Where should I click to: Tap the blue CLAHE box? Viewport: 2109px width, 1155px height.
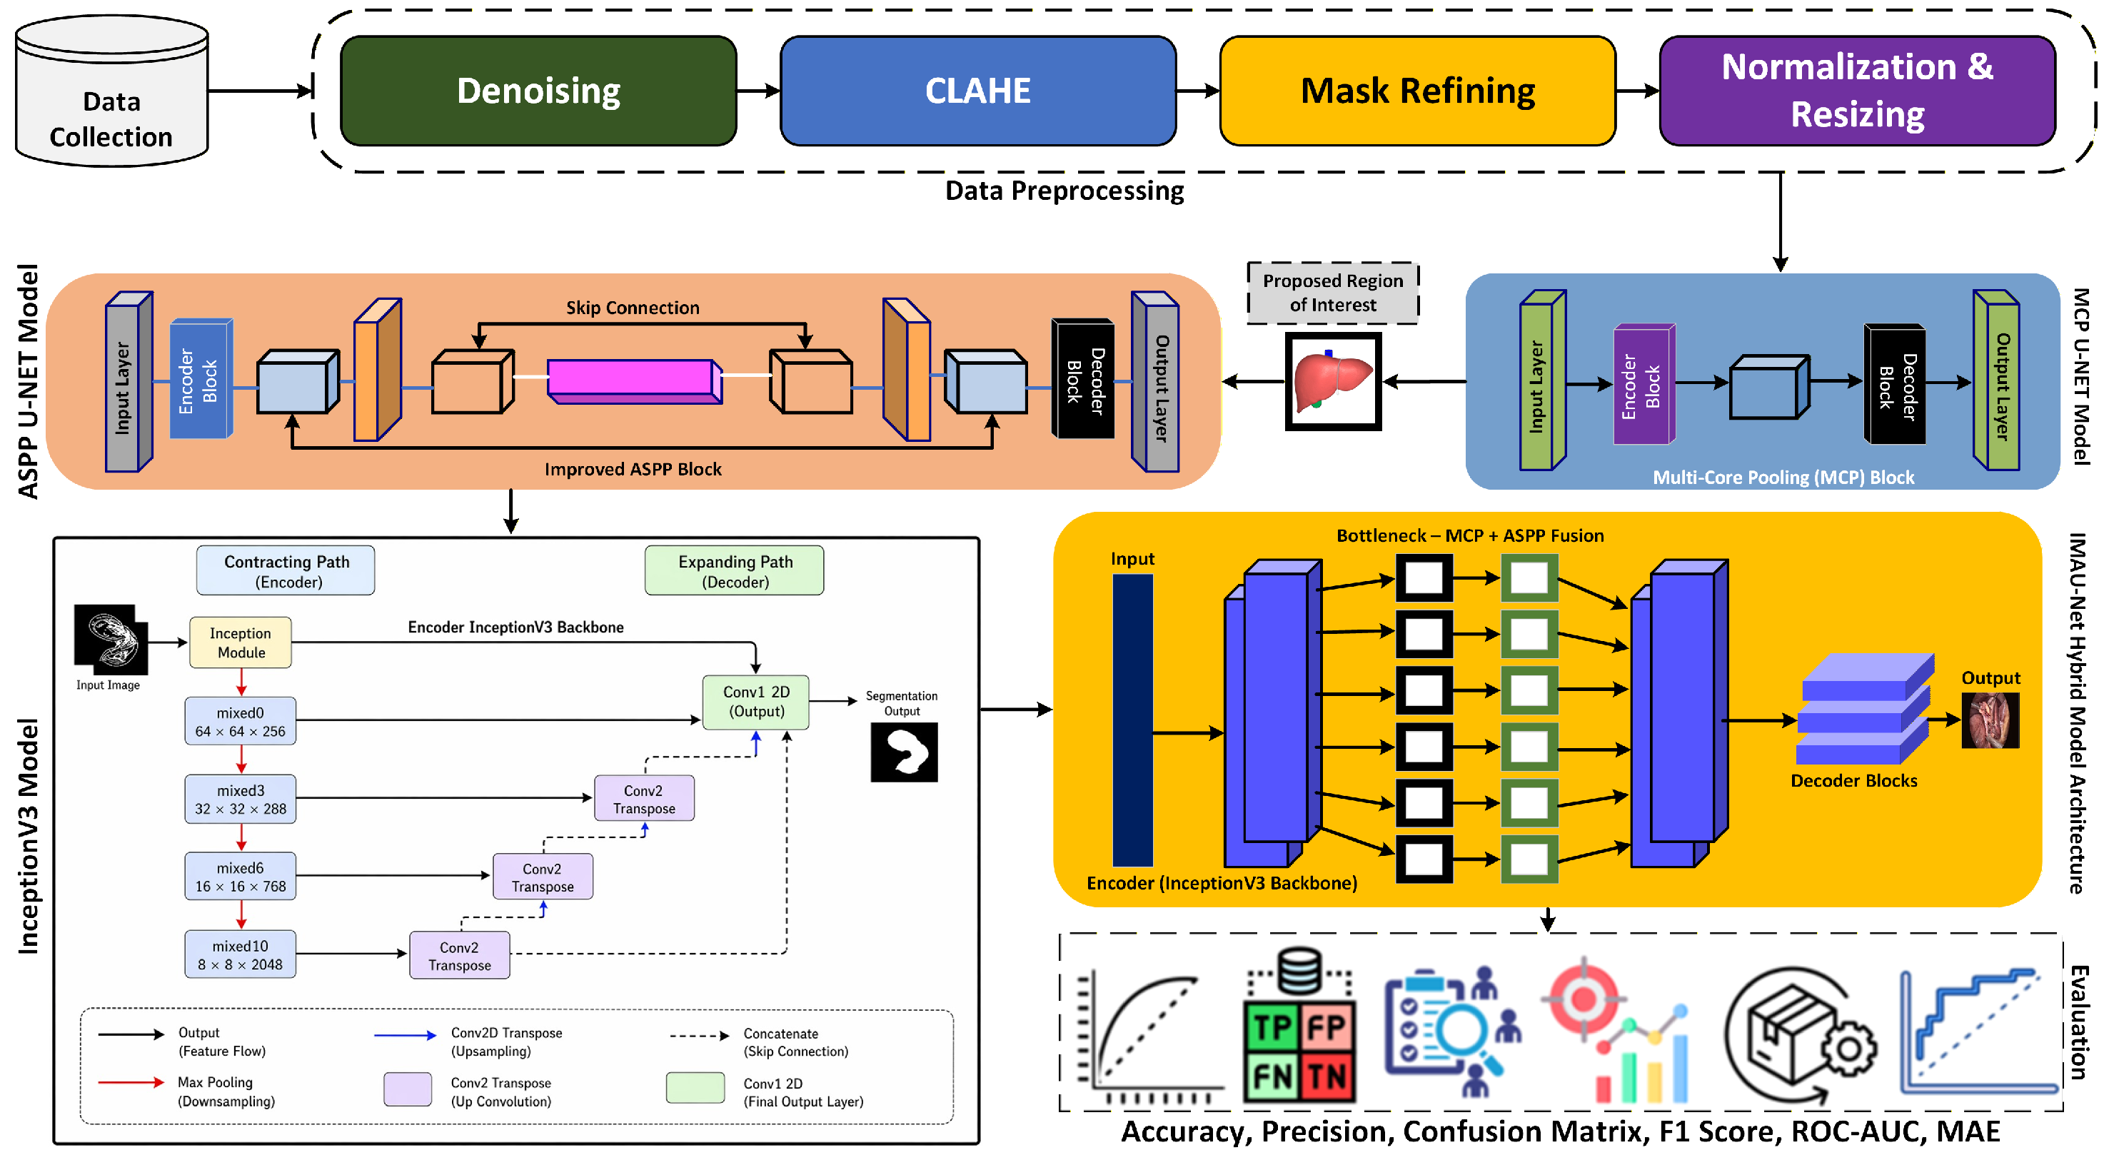pos(977,91)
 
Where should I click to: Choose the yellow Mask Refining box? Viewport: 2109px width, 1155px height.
pos(1417,91)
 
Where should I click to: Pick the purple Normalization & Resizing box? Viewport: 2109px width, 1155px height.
pos(1857,91)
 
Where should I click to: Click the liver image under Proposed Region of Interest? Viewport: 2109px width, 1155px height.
pos(1333,381)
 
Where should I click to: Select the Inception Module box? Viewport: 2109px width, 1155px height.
pos(240,642)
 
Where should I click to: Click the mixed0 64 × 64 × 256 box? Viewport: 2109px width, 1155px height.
pos(240,721)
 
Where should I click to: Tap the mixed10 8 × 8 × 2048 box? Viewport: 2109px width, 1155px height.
pos(240,954)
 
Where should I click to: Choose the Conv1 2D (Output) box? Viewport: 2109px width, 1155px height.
pos(755,702)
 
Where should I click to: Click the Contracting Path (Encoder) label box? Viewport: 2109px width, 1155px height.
pos(286,570)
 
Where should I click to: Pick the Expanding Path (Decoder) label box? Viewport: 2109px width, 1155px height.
pos(735,570)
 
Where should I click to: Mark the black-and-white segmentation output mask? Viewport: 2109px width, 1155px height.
pos(904,752)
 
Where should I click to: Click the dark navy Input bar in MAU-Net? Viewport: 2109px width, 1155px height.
pos(1132,720)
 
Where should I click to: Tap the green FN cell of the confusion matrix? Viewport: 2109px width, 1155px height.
pos(1272,1076)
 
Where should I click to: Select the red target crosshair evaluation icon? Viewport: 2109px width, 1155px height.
pos(1584,999)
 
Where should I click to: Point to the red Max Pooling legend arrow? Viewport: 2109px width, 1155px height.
pos(130,1082)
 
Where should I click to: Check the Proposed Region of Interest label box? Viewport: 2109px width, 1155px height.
pos(1333,292)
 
